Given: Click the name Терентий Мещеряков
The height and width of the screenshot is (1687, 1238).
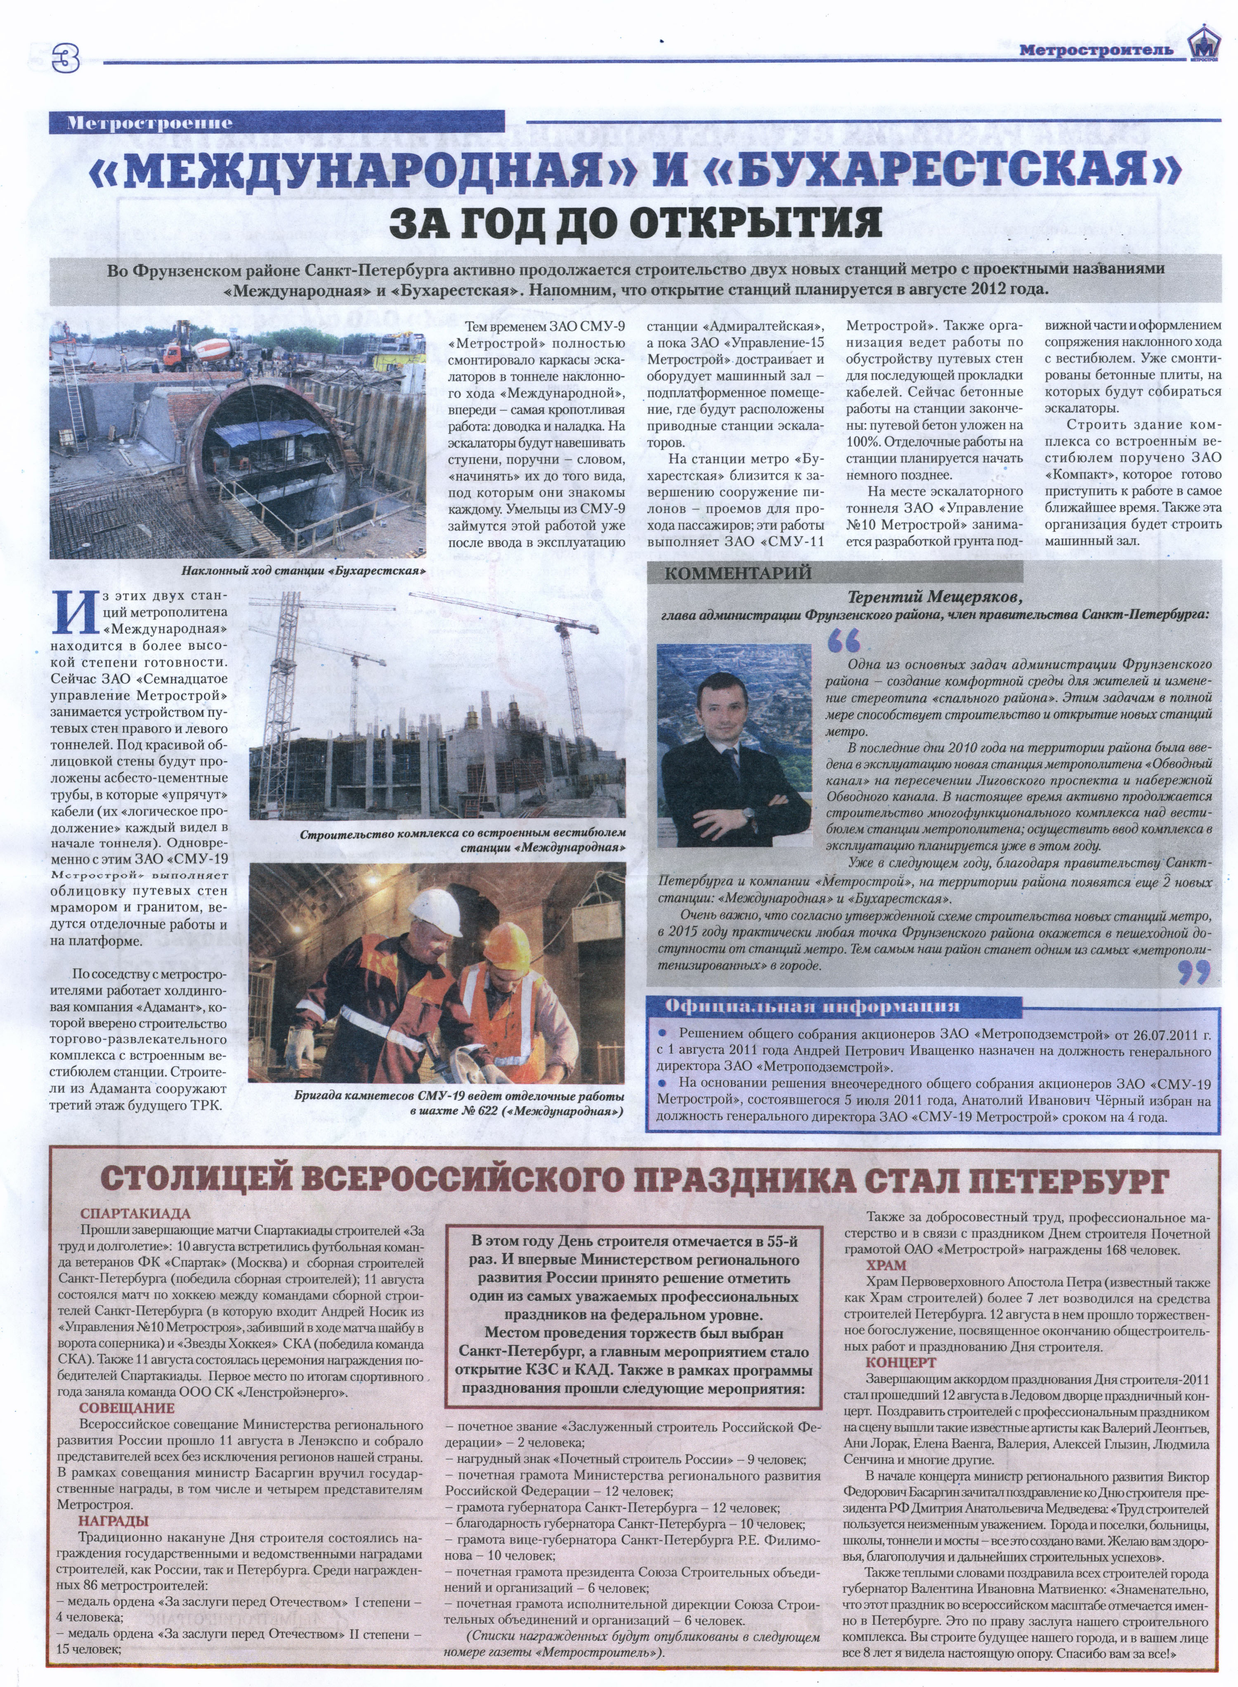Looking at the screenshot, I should click(935, 597).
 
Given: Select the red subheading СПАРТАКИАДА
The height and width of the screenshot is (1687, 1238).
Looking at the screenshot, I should click(136, 1213).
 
